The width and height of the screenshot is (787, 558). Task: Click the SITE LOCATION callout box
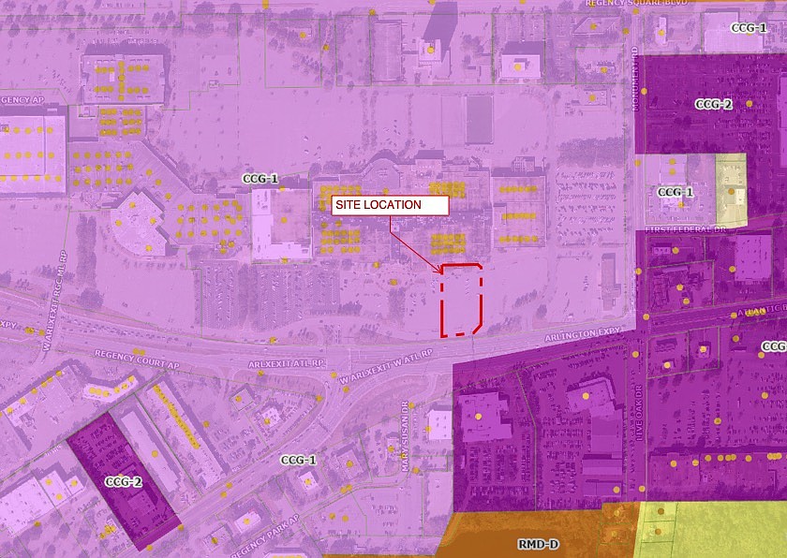pyautogui.click(x=390, y=205)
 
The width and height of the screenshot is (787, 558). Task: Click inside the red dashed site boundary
pyautogui.click(x=461, y=300)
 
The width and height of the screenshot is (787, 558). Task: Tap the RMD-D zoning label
pyautogui.click(x=538, y=544)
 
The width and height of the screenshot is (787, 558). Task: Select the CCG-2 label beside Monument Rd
pyautogui.click(x=713, y=104)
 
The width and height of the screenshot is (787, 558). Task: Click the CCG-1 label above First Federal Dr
pyautogui.click(x=675, y=192)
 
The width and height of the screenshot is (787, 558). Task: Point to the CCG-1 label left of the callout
pyautogui.click(x=260, y=179)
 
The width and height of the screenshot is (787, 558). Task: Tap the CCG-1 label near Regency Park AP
pyautogui.click(x=298, y=460)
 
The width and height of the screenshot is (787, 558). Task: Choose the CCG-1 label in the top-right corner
pyautogui.click(x=748, y=28)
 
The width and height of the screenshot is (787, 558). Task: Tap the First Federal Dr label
pyautogui.click(x=683, y=228)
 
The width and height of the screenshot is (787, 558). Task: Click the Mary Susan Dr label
pyautogui.click(x=406, y=427)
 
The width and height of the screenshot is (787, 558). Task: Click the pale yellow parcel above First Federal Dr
pyautogui.click(x=731, y=190)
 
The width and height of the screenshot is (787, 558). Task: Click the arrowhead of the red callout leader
pyautogui.click(x=440, y=272)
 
